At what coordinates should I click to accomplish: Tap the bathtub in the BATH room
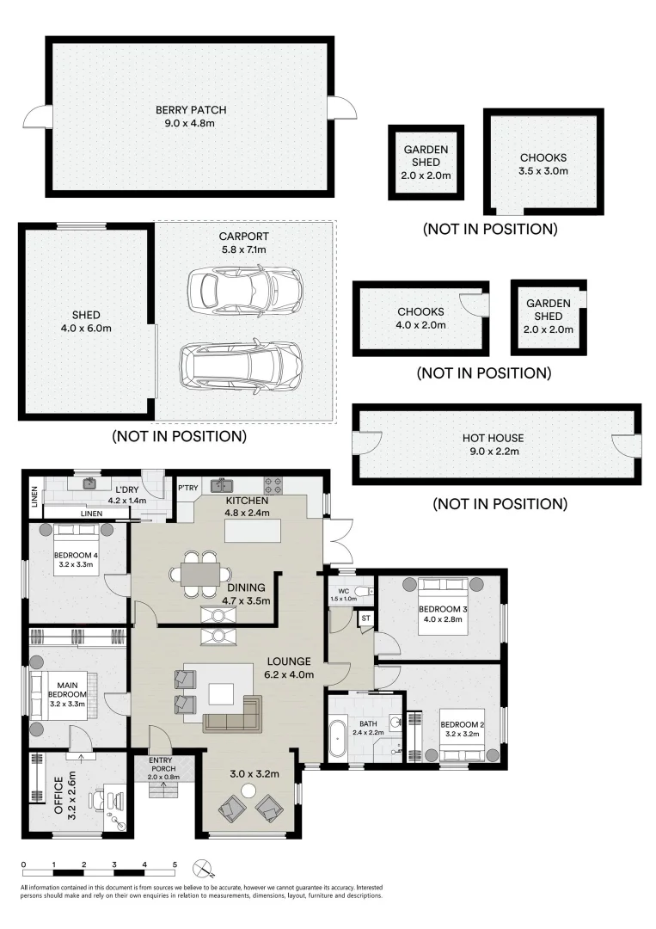coord(339,741)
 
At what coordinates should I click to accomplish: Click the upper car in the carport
coord(243,292)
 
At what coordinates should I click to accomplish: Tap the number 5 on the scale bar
coord(175,864)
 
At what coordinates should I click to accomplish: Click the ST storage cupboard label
coord(365,618)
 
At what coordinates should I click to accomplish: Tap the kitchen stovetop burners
coord(273,483)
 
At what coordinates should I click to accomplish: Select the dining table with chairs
coord(199,573)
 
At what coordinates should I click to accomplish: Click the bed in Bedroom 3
coord(443,607)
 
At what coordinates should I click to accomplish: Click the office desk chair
coord(95,798)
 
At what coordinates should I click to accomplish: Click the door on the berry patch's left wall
coord(37,117)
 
